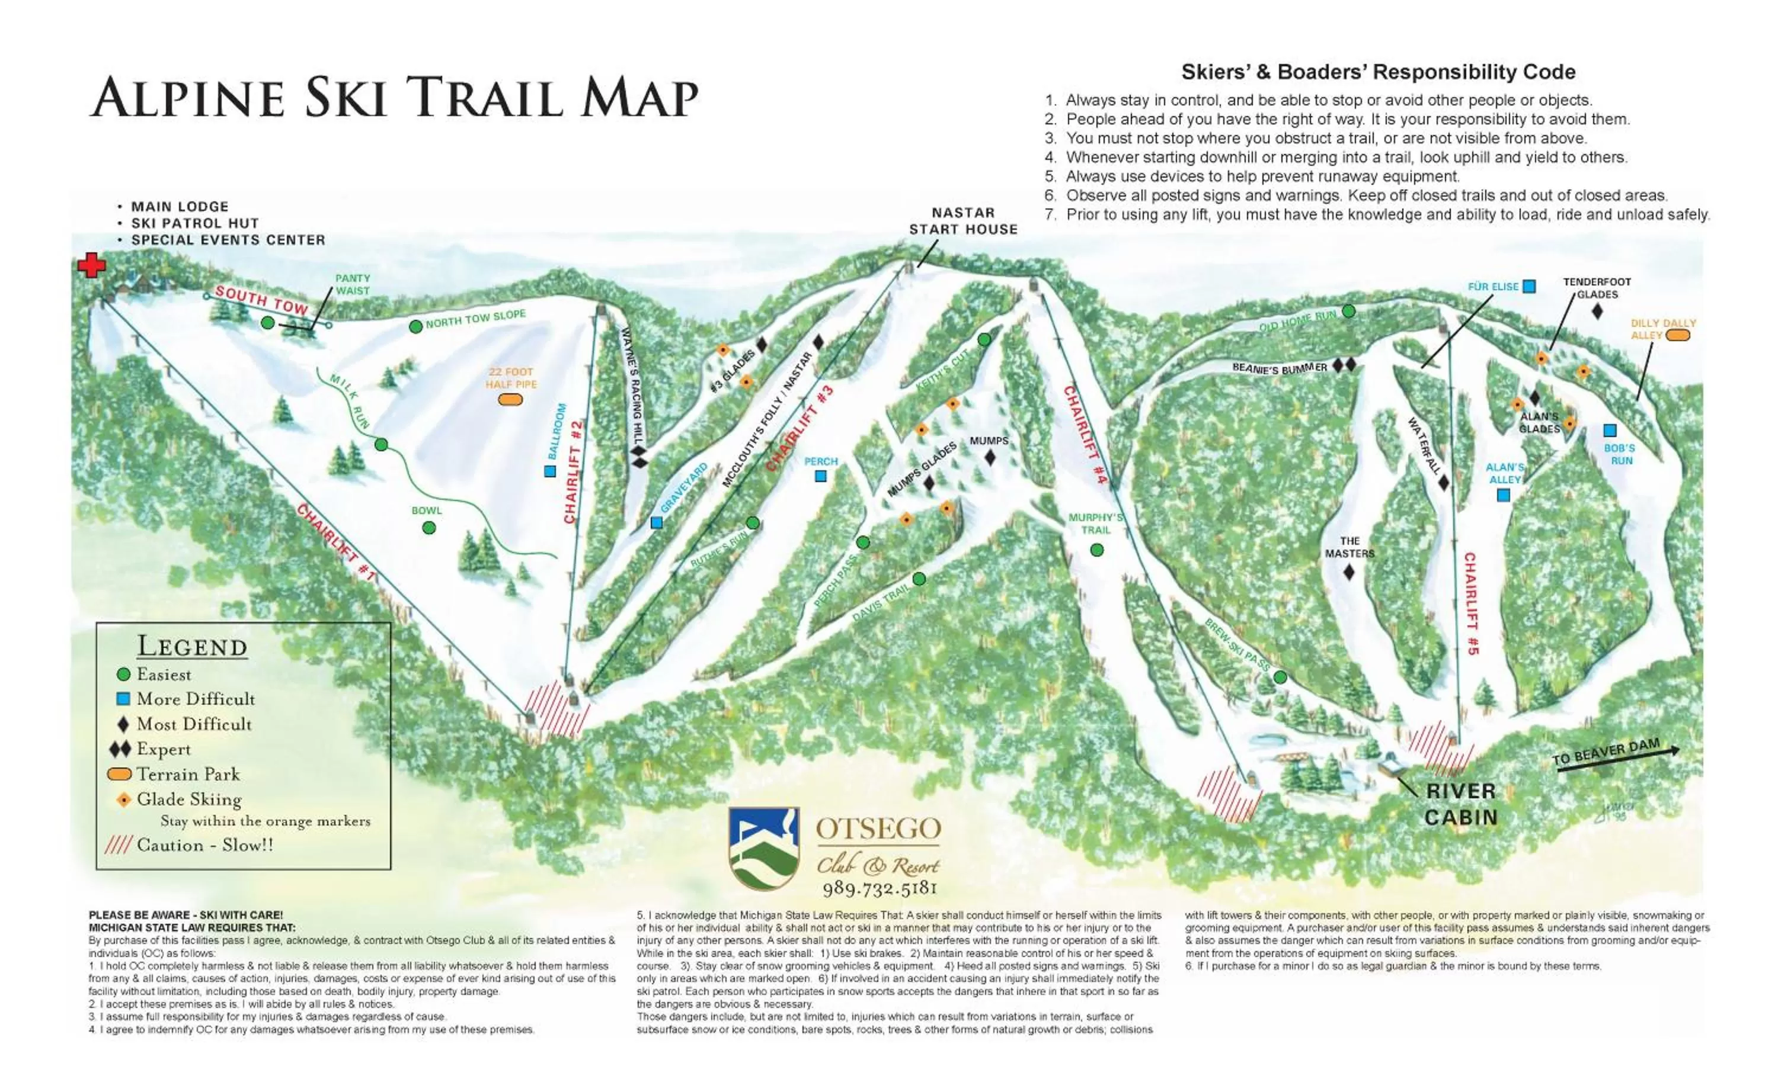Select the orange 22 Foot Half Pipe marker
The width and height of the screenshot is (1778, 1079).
[511, 400]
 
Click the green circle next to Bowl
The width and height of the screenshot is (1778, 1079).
[428, 528]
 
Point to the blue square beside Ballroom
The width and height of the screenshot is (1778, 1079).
[550, 471]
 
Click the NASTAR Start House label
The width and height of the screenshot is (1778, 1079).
[962, 221]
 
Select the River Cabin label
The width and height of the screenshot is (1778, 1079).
[1460, 804]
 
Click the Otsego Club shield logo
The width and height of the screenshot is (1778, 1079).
[763, 848]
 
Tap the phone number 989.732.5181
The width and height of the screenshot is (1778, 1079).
[879, 888]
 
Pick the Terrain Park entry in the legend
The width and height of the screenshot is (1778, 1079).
[188, 774]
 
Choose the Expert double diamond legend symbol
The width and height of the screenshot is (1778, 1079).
[120, 749]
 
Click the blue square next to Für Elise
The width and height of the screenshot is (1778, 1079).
[1528, 287]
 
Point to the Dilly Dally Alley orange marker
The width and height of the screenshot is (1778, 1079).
[1678, 335]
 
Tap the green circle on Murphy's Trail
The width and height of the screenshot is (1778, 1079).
[1097, 550]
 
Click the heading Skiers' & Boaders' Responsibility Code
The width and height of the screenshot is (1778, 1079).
[1377, 72]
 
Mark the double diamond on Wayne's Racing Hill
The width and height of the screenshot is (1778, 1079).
[639, 457]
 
